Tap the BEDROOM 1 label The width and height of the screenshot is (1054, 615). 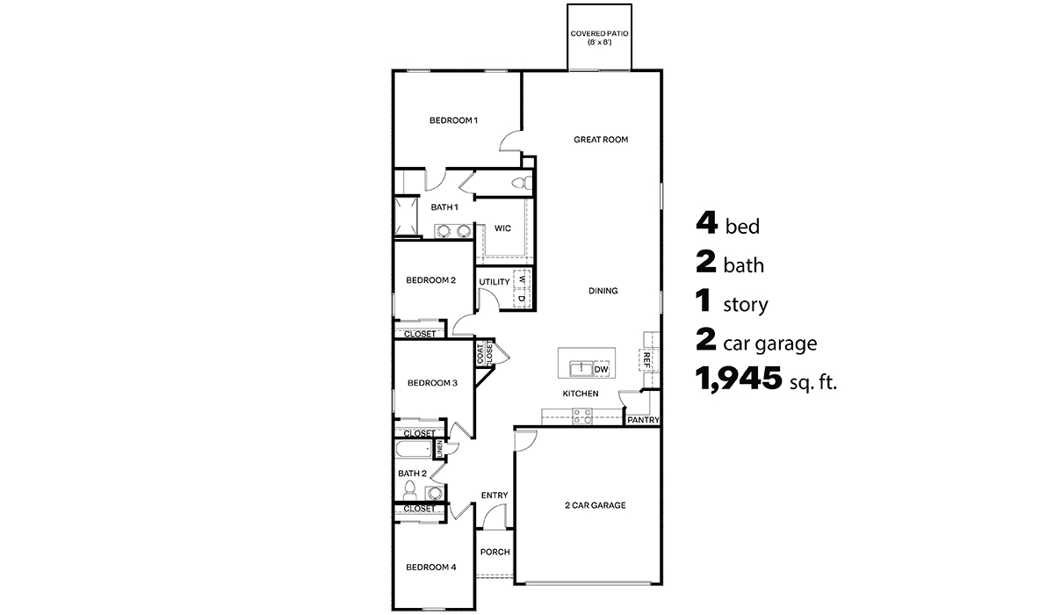(x=453, y=120)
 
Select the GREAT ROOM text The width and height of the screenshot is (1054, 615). (x=601, y=140)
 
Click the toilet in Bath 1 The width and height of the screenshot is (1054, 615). (x=519, y=183)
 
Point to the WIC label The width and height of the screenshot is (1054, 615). (x=502, y=228)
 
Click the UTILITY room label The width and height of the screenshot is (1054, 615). (x=494, y=282)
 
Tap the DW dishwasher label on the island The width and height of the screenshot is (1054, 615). (x=602, y=370)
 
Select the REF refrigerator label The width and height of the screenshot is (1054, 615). (x=647, y=358)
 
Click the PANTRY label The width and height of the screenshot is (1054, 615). (x=643, y=421)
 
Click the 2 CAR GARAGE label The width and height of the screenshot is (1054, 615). (x=595, y=505)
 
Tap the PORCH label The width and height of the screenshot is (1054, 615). (x=495, y=553)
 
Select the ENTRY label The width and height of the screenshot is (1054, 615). (x=495, y=496)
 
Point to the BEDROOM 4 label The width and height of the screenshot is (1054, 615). (x=430, y=568)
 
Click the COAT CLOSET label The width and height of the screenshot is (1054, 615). (x=486, y=353)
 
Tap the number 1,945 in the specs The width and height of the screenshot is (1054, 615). (x=739, y=380)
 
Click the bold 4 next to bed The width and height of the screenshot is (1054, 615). (x=707, y=224)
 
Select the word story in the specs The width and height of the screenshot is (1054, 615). (x=745, y=306)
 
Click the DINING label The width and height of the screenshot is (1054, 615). (x=603, y=291)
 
